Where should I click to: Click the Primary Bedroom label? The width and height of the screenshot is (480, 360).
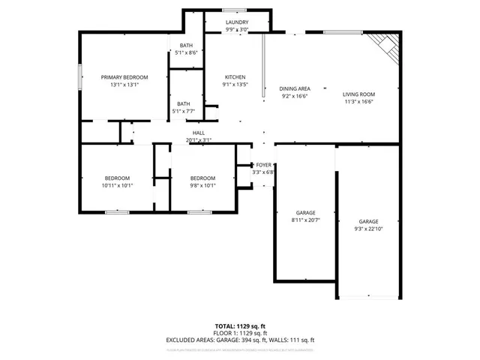coord(124,77)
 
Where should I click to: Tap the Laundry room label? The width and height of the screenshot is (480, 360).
coord(237,23)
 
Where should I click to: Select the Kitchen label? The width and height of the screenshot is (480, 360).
coord(235,77)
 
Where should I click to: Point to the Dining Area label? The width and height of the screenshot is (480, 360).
coord(295,88)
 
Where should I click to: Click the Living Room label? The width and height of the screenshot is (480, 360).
coord(358,94)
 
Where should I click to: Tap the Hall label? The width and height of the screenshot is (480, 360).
coord(199,133)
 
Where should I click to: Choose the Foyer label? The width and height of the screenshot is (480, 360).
coord(264,164)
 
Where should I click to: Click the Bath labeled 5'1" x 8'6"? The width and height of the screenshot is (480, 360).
coord(185,53)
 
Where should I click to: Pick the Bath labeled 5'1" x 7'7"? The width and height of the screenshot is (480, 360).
coord(184,112)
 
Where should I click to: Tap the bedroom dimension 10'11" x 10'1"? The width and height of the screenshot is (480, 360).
coord(117,186)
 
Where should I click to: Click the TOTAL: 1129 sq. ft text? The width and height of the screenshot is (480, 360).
coord(240,326)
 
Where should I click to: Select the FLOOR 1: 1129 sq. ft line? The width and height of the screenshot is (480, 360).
coord(240,333)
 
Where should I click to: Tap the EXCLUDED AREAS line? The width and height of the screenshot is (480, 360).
coord(240,340)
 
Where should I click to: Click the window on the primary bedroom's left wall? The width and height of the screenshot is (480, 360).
coord(81,77)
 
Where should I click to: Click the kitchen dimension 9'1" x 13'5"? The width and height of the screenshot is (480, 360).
coord(235,85)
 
